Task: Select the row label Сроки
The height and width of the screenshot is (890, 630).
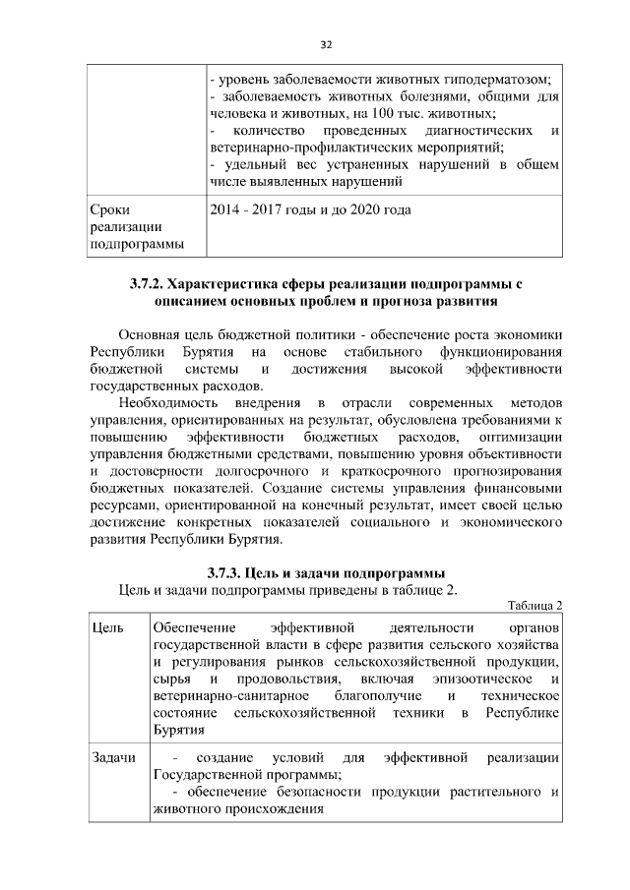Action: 108,209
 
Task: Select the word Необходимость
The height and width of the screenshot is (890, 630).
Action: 165,402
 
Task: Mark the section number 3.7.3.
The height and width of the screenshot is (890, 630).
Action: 226,572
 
